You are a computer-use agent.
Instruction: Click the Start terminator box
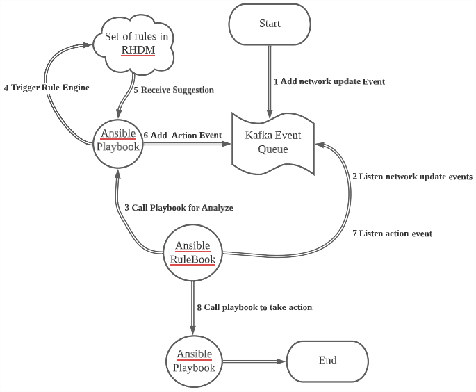[270, 24]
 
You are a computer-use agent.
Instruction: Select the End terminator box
[327, 360]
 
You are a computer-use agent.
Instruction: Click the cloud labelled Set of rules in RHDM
[136, 42]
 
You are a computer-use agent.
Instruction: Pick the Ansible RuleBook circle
[192, 254]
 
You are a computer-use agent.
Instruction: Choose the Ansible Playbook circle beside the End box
[194, 361]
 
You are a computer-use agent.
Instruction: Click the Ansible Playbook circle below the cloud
[119, 140]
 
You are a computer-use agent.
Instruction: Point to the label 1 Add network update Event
[329, 81]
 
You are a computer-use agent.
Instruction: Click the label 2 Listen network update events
[412, 177]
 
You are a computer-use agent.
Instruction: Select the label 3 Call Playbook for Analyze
[179, 208]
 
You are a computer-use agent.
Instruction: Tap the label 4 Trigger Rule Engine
[46, 88]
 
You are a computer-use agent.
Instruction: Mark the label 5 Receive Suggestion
[173, 90]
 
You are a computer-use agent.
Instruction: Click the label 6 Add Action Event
[182, 136]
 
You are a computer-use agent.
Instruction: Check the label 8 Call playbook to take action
[254, 307]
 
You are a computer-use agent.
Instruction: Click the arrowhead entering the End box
[282, 361]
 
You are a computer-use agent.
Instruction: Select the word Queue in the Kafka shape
[272, 149]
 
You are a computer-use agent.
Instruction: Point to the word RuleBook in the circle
[192, 261]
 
